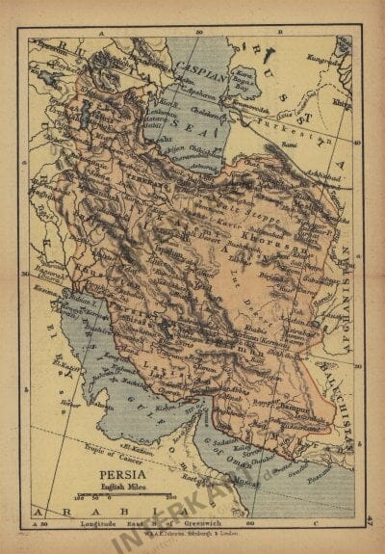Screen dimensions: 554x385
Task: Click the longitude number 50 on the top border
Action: tap(197, 34)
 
